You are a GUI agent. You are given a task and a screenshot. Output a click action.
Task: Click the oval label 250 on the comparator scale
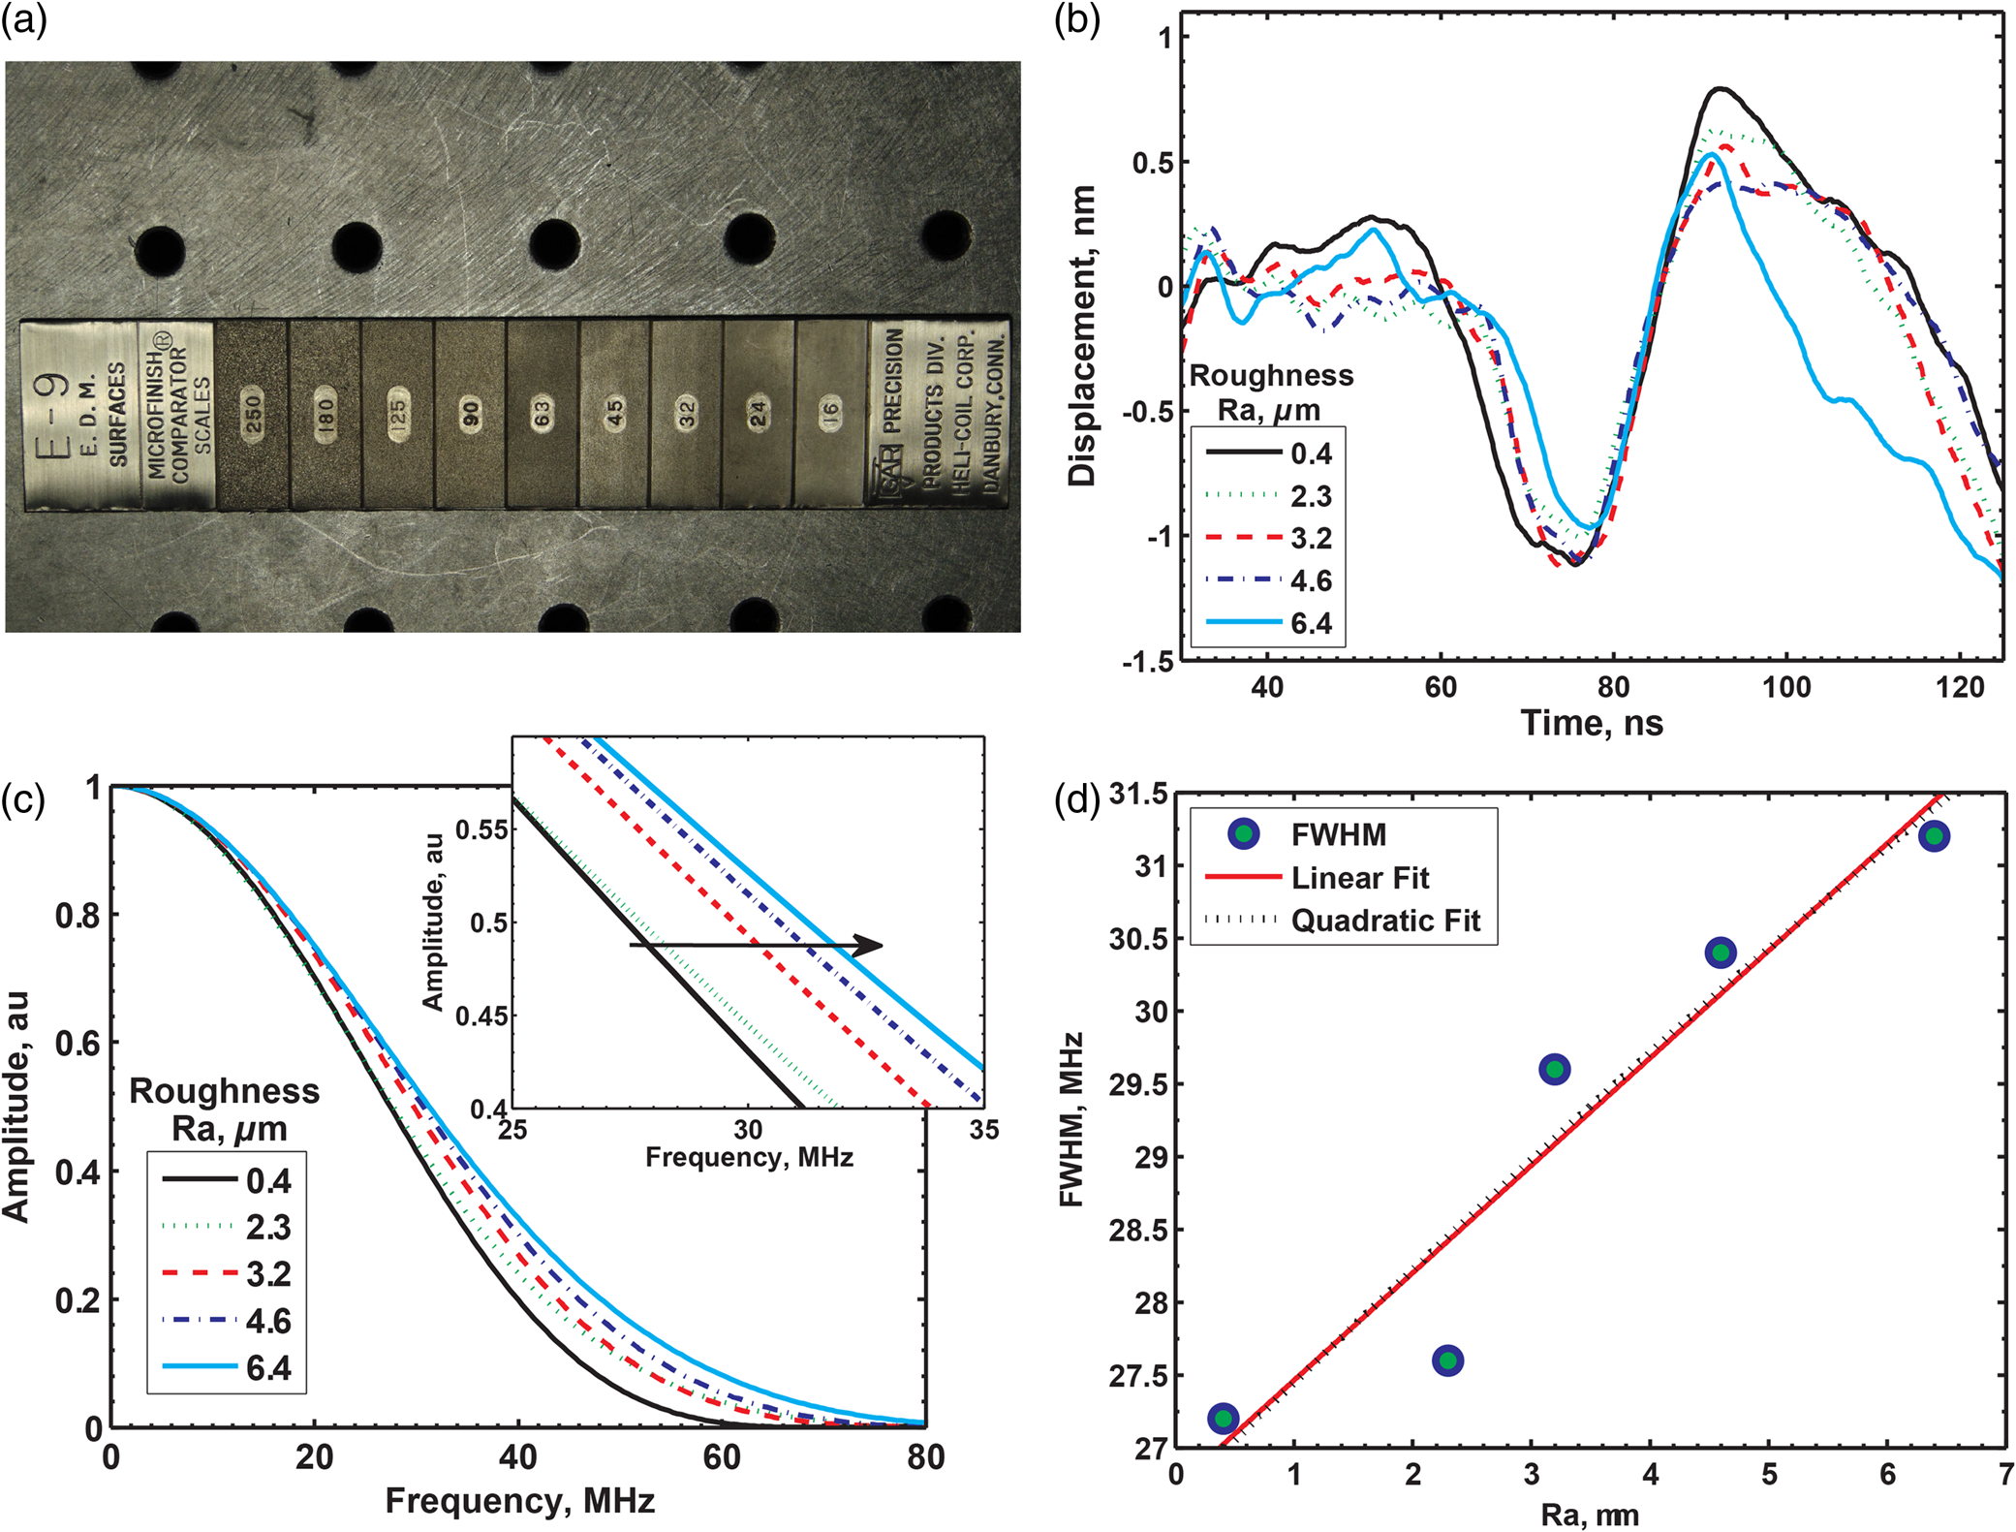(252, 416)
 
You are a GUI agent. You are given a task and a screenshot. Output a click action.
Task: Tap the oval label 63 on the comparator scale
(542, 415)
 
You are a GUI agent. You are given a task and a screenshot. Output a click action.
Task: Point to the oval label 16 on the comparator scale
(830, 414)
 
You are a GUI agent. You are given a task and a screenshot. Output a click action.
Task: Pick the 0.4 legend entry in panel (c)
(228, 1180)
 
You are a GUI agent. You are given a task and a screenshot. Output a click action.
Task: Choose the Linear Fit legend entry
(1318, 878)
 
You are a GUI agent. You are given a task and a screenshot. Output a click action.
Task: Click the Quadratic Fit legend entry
(1343, 921)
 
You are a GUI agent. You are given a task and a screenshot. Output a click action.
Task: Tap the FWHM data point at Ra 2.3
(1447, 1360)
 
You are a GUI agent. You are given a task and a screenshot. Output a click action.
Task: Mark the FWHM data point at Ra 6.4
(1934, 836)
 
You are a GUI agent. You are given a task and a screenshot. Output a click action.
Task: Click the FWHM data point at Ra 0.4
(1224, 1419)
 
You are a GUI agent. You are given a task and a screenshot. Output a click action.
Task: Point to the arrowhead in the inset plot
(871, 945)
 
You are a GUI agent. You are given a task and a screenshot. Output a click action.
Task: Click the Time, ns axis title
(1592, 723)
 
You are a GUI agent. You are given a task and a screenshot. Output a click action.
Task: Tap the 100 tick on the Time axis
(1785, 687)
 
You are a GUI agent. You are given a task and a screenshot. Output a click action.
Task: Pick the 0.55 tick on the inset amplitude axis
(481, 829)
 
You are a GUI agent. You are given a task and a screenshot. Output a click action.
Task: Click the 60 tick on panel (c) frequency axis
(722, 1456)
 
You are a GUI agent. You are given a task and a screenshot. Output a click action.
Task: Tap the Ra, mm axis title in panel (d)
(1591, 1515)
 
